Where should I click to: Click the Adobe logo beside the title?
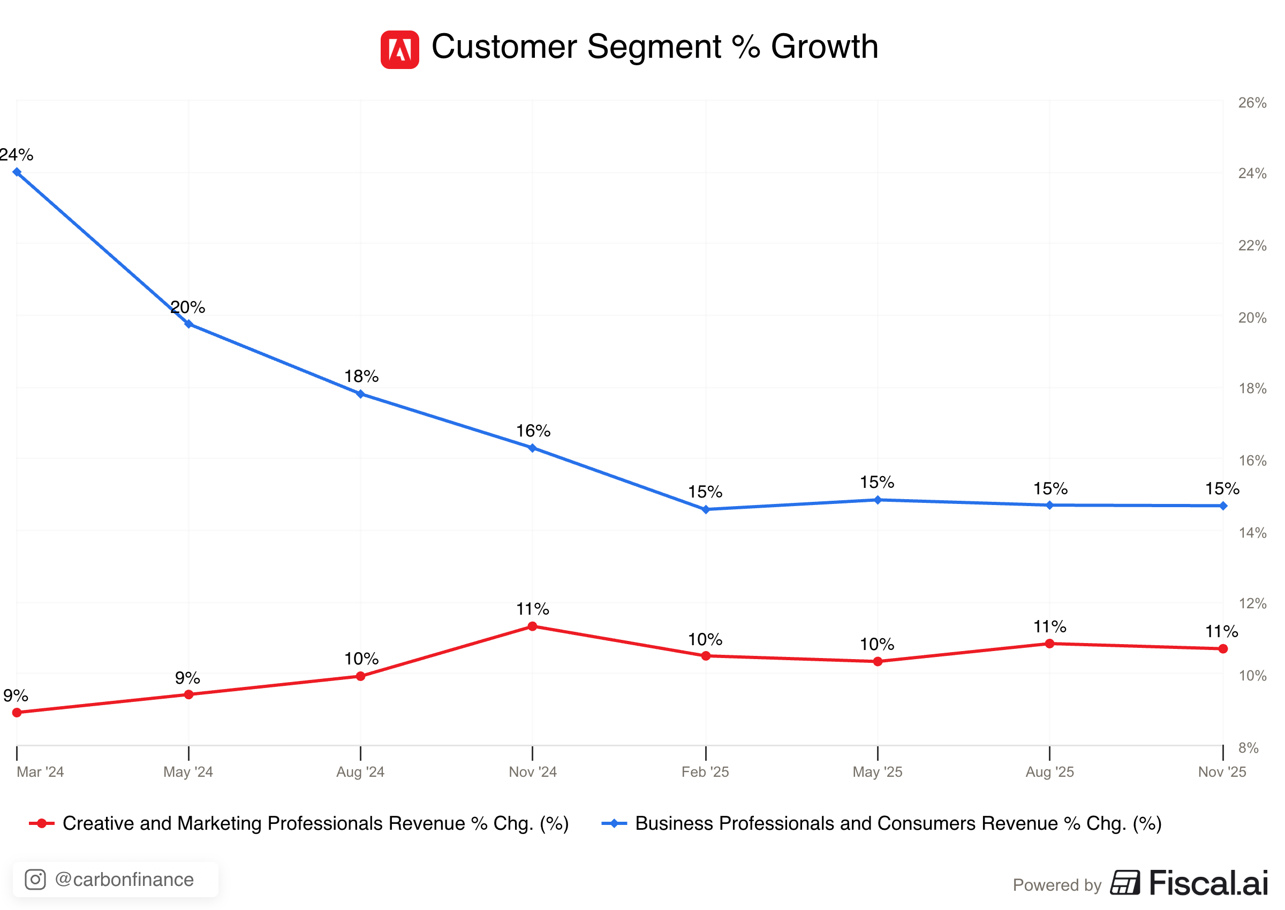point(399,50)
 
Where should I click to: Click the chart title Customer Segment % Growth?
point(654,47)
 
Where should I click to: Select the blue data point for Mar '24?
point(17,172)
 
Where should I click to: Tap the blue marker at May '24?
point(189,324)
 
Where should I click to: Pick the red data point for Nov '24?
point(532,626)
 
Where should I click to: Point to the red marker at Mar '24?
point(17,712)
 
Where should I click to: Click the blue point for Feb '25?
point(705,509)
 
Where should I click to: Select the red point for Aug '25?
point(1049,643)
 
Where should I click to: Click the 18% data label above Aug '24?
point(361,376)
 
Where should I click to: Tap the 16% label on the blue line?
point(533,431)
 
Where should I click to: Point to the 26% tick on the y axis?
point(1252,103)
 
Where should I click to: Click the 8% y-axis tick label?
point(1248,747)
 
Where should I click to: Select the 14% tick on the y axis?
point(1252,532)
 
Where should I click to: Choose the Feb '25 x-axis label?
point(705,771)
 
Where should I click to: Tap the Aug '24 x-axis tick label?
point(360,771)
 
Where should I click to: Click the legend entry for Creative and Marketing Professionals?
point(299,823)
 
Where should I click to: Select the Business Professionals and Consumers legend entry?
point(881,823)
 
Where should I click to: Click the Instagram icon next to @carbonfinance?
point(35,879)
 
